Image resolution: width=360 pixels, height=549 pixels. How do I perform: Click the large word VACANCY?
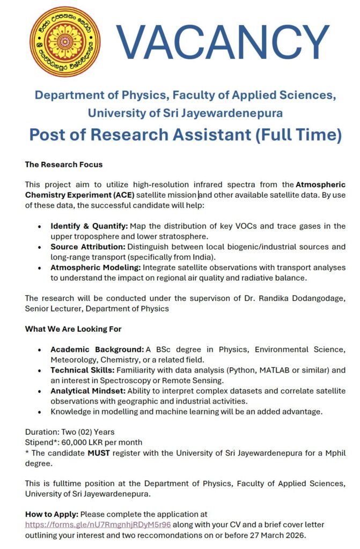pyautogui.click(x=222, y=42)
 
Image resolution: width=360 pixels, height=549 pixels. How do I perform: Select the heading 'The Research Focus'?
pyautogui.click(x=64, y=164)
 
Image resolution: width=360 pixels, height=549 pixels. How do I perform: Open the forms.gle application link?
pyautogui.click(x=98, y=524)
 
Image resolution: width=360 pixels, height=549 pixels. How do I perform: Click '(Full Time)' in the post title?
pyautogui.click(x=297, y=134)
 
